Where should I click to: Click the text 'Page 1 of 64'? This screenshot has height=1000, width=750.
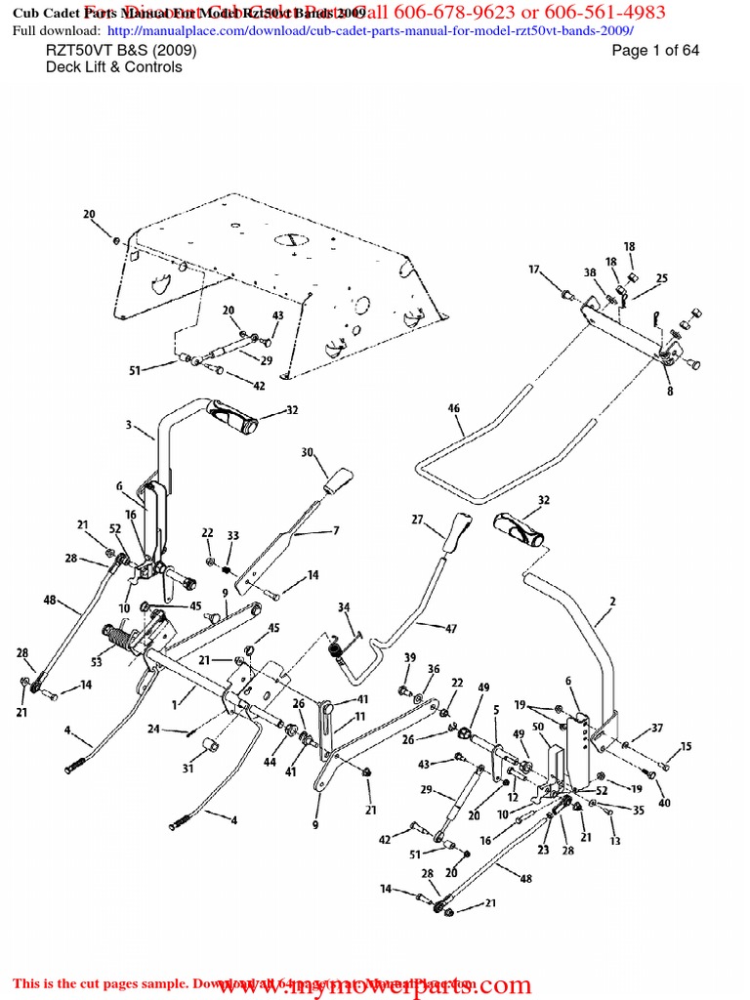655,51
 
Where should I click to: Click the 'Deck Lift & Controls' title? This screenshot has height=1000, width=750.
113,67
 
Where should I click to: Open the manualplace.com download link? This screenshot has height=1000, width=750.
367,31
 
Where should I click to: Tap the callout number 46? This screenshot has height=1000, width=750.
454,408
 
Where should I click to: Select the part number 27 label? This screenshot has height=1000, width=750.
417,521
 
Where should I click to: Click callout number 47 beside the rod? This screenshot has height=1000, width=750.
451,629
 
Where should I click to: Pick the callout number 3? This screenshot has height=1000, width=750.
128,425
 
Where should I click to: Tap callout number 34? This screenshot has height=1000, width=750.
344,607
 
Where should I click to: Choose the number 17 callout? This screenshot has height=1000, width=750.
534,270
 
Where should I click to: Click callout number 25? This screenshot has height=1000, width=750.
662,279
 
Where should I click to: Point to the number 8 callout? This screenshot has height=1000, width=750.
669,392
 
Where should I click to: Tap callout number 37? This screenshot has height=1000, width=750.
657,728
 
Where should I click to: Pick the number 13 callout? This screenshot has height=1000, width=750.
615,841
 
